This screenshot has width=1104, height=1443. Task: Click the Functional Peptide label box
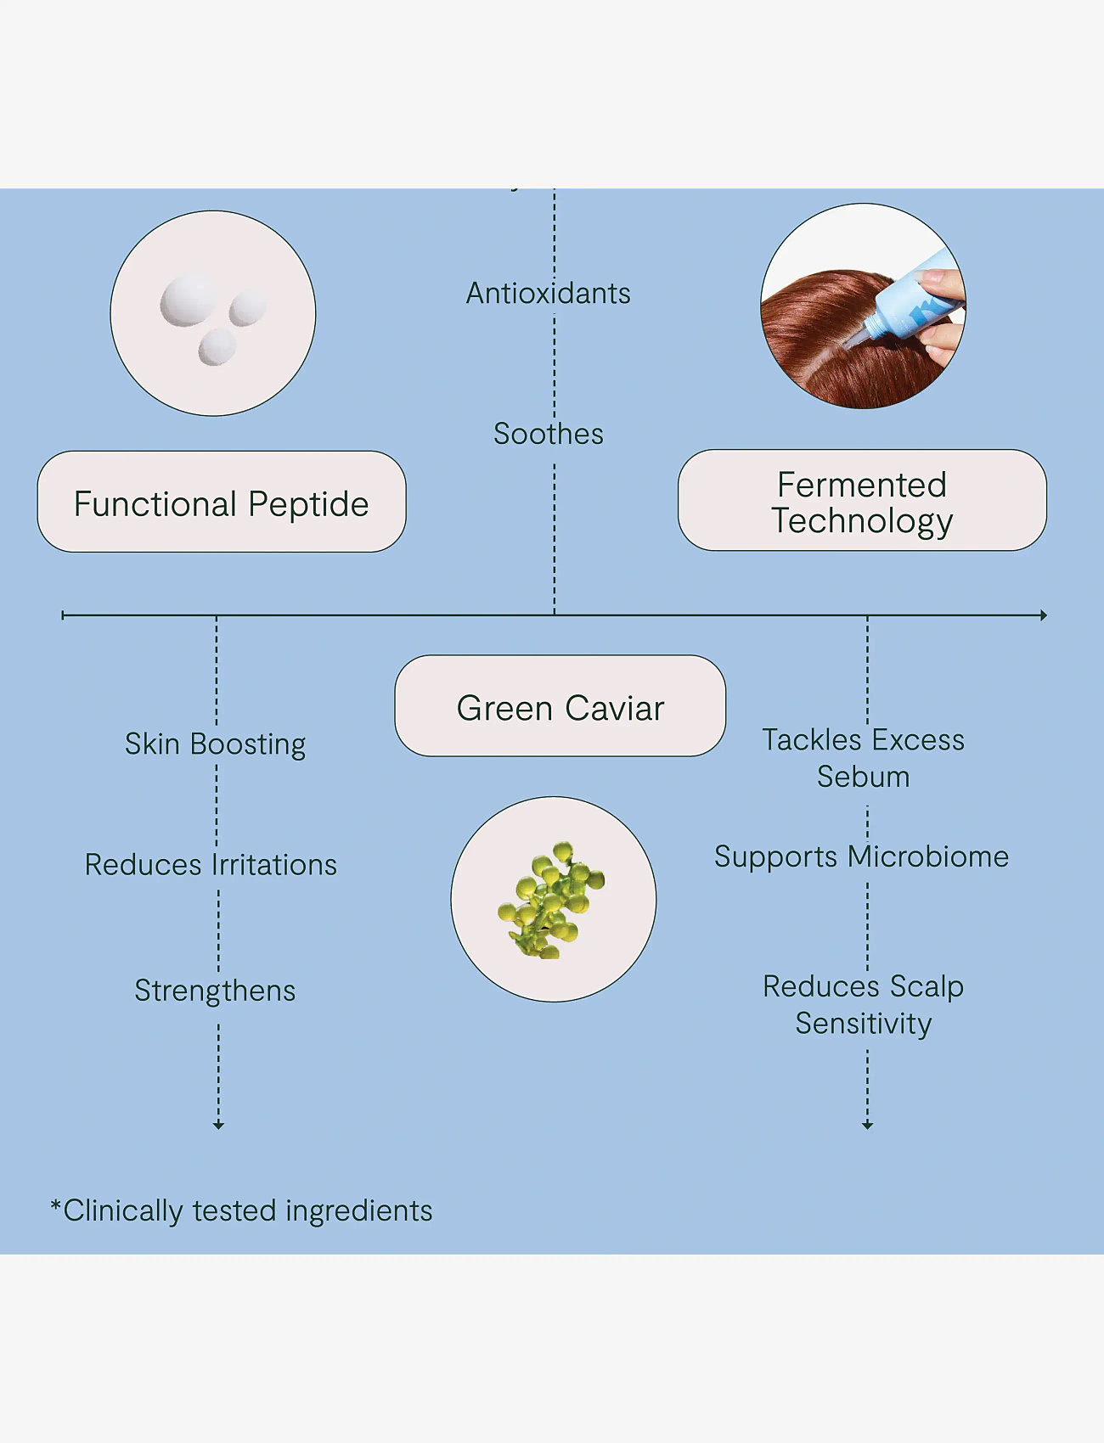click(222, 502)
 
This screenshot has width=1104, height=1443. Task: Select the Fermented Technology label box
click(862, 500)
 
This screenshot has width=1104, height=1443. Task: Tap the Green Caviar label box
click(560, 705)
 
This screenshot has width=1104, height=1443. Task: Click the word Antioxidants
click(549, 294)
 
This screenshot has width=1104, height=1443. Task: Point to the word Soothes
click(549, 434)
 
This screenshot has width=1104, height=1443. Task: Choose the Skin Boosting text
click(215, 744)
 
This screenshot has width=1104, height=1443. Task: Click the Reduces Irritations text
click(211, 865)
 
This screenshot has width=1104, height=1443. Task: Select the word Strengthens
click(215, 991)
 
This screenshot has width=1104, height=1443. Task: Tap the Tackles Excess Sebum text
click(863, 758)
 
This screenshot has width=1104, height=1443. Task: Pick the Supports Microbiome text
click(861, 857)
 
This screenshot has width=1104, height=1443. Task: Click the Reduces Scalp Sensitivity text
click(863, 1005)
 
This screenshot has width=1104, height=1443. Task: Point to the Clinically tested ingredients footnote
click(242, 1210)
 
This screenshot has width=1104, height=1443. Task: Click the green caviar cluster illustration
click(551, 900)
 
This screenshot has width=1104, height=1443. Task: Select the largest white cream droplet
click(189, 299)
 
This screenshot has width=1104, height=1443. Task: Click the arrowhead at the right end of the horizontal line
click(1044, 615)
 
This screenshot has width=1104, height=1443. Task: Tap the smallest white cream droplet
click(217, 347)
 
